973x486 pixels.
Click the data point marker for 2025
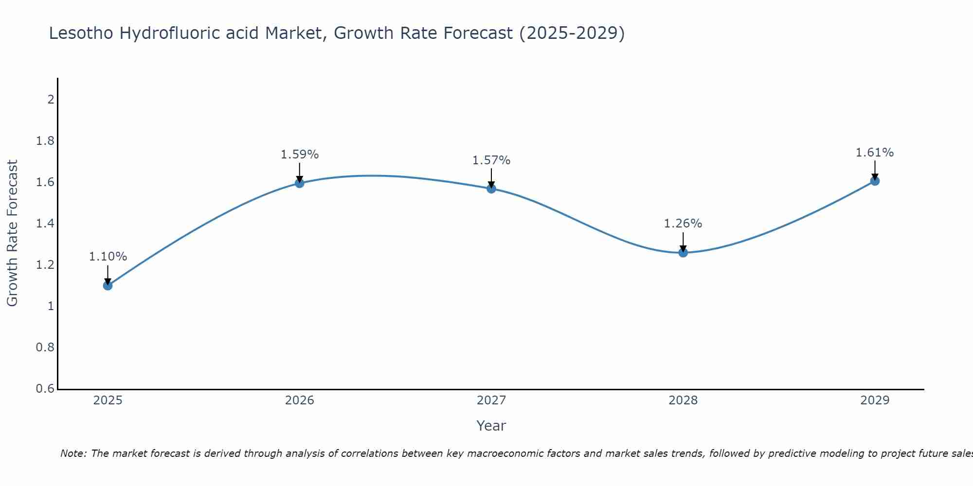point(108,285)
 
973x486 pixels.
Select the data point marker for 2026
point(300,183)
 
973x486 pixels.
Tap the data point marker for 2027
point(491,189)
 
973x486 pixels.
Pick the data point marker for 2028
point(683,253)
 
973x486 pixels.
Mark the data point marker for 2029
point(875,181)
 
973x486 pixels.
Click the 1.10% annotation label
point(108,257)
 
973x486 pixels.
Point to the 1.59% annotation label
point(300,155)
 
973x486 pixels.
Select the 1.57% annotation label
point(491,160)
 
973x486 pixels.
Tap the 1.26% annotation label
point(683,224)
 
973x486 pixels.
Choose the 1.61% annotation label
point(875,153)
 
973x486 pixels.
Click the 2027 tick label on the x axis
point(491,400)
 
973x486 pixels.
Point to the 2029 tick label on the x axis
point(875,400)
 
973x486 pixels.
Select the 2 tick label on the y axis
point(50,100)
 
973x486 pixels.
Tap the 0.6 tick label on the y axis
point(45,389)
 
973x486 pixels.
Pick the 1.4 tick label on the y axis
point(45,224)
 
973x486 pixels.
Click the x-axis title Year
point(491,426)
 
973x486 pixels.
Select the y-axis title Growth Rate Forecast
point(12,233)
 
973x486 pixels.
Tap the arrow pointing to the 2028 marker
point(683,242)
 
